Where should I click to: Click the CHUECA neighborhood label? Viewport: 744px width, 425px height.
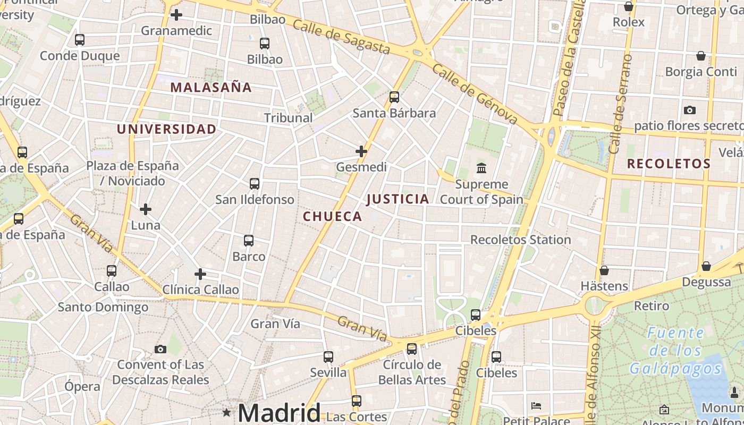[x=332, y=217]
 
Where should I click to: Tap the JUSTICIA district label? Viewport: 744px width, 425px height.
[x=398, y=199]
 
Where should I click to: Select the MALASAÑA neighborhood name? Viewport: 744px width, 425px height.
[x=211, y=88]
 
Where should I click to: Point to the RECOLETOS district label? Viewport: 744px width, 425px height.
[x=669, y=164]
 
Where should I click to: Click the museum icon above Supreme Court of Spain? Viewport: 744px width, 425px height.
[x=481, y=168]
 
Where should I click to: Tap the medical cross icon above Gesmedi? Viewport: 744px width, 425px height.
[x=361, y=151]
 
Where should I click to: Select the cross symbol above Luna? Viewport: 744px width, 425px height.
[x=146, y=209]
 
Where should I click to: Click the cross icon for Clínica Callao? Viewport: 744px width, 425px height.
[x=200, y=274]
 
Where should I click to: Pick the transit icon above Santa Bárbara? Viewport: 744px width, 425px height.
[x=394, y=97]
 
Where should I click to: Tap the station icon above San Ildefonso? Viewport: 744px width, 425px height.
[x=255, y=184]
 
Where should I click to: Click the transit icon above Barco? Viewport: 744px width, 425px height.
[x=249, y=241]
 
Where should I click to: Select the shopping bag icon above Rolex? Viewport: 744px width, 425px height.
[x=629, y=6]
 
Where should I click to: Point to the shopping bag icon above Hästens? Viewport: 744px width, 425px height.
[x=604, y=270]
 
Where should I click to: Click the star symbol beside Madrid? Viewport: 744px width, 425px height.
[x=227, y=412]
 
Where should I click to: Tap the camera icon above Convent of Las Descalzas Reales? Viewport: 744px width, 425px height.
[x=160, y=349]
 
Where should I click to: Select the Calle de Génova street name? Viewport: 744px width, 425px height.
[x=475, y=94]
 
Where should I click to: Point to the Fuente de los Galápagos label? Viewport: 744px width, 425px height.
[x=676, y=351]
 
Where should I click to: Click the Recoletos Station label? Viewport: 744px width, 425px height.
[x=520, y=240]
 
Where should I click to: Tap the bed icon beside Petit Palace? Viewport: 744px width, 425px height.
[x=536, y=406]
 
